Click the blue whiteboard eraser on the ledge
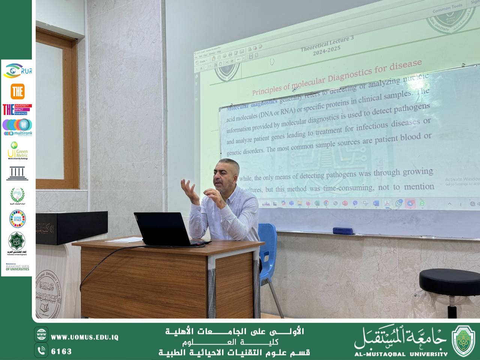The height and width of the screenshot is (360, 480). pyautogui.click(x=343, y=231)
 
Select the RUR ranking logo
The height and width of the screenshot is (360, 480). pyautogui.click(x=17, y=70)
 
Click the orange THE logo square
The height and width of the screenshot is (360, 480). pyautogui.click(x=17, y=91)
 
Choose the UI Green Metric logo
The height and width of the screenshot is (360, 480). pyautogui.click(x=17, y=151)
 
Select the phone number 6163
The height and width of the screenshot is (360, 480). pyautogui.click(x=61, y=351)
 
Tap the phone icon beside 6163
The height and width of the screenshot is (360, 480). pyautogui.click(x=41, y=351)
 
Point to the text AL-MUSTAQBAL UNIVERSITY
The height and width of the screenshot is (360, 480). pyautogui.click(x=400, y=354)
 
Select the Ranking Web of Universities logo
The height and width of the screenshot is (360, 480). pyautogui.click(x=17, y=267)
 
